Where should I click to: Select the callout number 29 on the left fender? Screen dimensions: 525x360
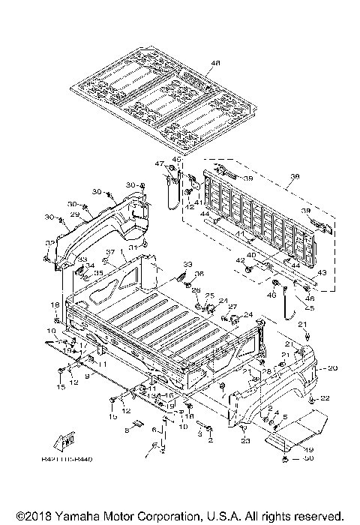(74, 214)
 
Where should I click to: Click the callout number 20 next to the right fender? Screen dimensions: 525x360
(333, 368)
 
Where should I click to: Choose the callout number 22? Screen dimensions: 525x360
(325, 397)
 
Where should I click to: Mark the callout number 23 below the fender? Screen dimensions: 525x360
(244, 441)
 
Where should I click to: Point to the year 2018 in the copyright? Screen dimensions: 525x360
(30, 516)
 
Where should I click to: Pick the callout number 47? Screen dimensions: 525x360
(160, 163)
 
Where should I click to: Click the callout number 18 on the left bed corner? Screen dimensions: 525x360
(55, 304)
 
